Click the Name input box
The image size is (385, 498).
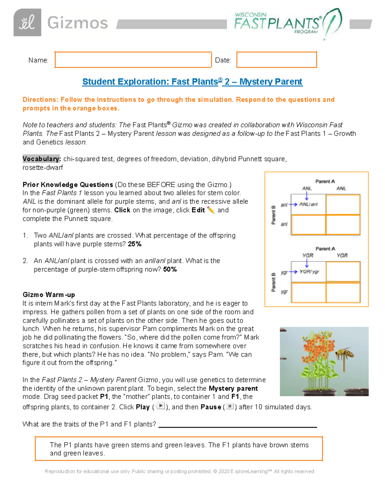(133, 60)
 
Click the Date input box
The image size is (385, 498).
(277, 60)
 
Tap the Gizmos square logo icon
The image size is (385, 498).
(27, 22)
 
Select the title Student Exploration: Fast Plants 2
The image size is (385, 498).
(192, 82)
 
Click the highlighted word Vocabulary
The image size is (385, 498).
(41, 159)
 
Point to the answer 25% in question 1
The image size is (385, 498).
(135, 244)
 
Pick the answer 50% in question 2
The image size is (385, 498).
(170, 269)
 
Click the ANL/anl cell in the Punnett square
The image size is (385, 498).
(308, 204)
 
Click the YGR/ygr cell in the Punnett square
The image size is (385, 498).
(309, 272)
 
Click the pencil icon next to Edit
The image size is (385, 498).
(210, 210)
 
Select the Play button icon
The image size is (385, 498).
(160, 406)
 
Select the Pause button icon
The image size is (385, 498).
(230, 406)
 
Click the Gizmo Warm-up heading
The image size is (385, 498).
(49, 295)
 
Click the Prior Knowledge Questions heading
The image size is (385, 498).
(68, 185)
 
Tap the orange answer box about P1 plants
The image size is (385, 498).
(179, 449)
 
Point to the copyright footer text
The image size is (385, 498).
(179, 471)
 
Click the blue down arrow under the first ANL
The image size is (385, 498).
(307, 196)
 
